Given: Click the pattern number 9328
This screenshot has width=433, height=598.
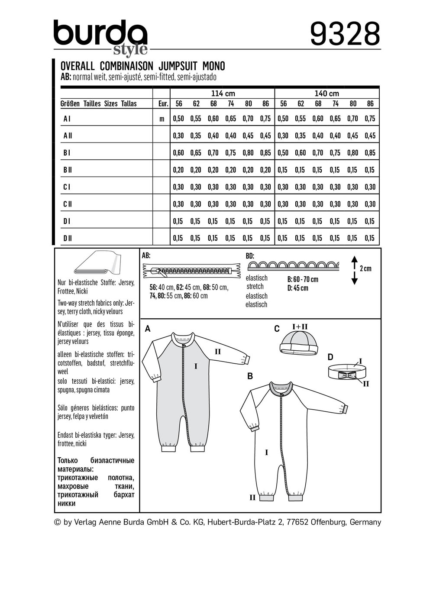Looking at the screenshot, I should pos(345,34).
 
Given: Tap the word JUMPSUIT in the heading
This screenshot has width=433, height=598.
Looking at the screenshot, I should pos(177,66).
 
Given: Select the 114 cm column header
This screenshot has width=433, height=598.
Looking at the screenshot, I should pos(223,94).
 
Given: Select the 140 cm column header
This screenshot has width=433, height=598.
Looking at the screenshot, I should pos(327,94).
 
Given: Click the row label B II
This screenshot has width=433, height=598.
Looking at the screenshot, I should pos(68,170).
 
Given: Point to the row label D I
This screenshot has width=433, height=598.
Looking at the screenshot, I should pos(67,221).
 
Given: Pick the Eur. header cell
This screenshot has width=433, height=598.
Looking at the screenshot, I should pos(163,104).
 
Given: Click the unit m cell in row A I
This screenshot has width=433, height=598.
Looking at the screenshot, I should pos(162,119).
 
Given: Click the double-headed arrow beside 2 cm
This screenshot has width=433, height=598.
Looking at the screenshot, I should pos(354,270).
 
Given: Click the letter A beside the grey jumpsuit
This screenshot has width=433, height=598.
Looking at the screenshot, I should pos(148,329).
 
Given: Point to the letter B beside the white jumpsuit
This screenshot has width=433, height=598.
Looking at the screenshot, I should pos(250,376).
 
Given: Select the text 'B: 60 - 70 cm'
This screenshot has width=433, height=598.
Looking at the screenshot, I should pos(303,279).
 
